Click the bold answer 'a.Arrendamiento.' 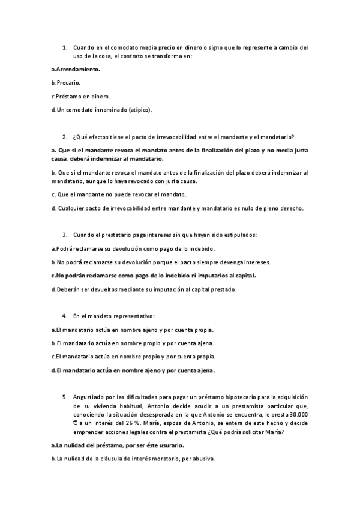coord(76,69)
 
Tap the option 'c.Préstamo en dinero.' coord(81,96)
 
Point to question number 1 coord(64,47)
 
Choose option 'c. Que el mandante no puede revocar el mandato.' coord(120,194)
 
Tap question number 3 coord(64,235)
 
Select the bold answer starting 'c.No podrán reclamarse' coord(154,276)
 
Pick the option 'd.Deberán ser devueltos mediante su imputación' coord(144,289)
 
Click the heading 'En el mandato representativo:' coord(114,316)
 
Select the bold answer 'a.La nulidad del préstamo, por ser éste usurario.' coord(118,445)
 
